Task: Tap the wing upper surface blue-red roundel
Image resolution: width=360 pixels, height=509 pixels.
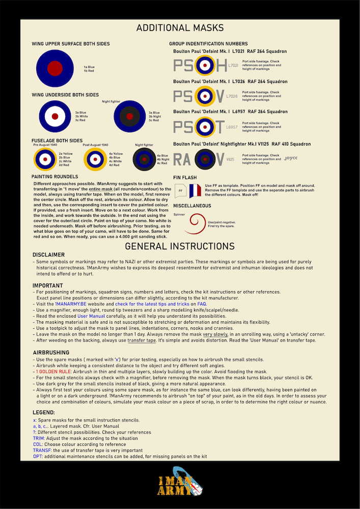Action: [x=55, y=68]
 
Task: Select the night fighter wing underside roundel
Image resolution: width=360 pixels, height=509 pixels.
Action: [x=129, y=119]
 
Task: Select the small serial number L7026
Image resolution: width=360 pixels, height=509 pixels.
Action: [x=232, y=96]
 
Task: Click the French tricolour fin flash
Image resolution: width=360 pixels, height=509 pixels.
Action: [x=195, y=191]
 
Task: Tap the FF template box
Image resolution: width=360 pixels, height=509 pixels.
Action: [x=180, y=191]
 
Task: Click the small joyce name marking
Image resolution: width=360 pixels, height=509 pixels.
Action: [x=291, y=158]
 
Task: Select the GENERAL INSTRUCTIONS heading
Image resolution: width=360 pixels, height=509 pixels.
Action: [x=180, y=246]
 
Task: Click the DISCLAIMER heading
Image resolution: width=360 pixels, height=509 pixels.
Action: [x=48, y=254]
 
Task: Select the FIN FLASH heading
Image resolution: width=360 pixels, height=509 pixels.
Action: [x=185, y=177]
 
